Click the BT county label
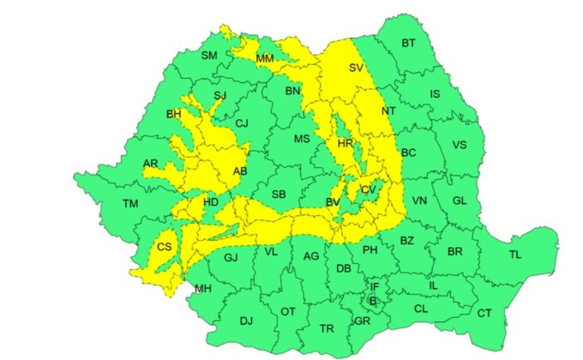point(408,44)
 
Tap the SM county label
point(208,56)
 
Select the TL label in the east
point(514,255)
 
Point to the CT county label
point(484,313)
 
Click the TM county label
point(130,203)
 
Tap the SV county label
point(357,68)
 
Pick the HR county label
point(346,143)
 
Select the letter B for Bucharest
point(372,300)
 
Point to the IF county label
point(374,286)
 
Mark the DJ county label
point(246,321)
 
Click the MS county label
point(302,139)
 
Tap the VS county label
point(460,145)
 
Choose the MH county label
point(203,289)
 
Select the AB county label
point(240,171)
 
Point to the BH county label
point(174,113)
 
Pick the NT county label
point(388,111)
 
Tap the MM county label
point(265,58)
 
